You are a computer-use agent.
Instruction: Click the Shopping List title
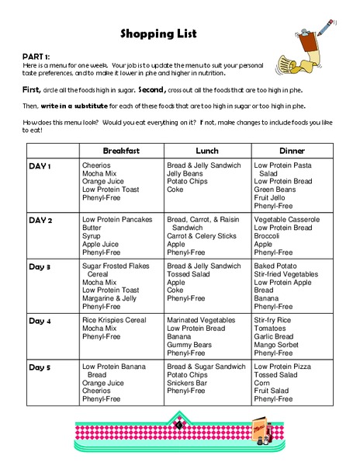[158, 33]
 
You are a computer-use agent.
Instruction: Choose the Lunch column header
[206, 151]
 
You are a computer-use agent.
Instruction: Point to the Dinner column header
[292, 151]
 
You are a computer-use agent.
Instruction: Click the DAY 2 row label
[40, 220]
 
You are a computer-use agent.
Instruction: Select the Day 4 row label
[40, 321]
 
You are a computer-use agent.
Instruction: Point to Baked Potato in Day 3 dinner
[275, 266]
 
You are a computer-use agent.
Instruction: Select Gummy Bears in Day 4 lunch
[190, 344]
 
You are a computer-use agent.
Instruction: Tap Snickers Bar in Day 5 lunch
[189, 383]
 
